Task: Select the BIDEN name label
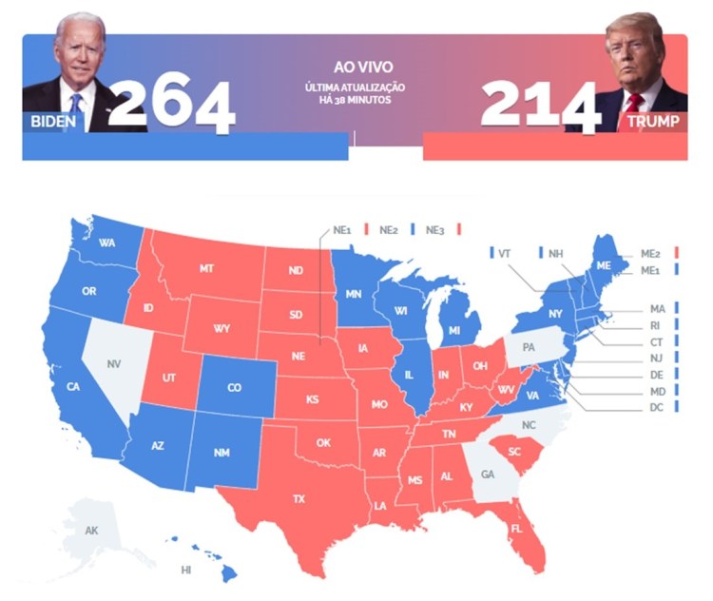51,122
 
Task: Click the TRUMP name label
651,123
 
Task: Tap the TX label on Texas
299,499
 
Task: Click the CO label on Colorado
235,388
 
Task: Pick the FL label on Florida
517,528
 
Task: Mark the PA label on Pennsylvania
529,347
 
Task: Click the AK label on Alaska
91,530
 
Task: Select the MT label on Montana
206,269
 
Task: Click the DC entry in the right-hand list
657,407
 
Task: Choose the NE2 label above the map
389,229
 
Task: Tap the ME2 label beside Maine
651,253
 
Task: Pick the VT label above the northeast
505,253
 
